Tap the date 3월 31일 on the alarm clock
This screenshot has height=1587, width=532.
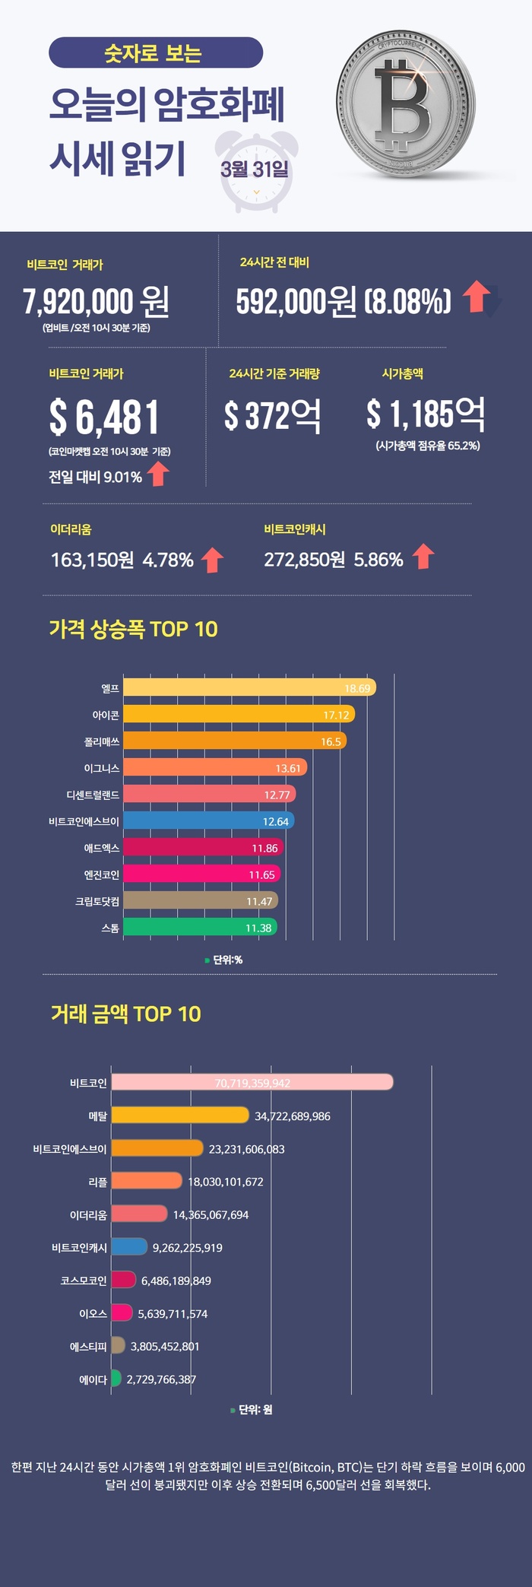click(x=255, y=169)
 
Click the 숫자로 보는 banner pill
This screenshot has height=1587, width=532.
click(x=155, y=53)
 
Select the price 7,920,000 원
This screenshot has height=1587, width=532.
click(x=96, y=302)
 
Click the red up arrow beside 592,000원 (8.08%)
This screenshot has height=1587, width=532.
click(x=477, y=297)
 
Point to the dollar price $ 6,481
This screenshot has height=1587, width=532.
click(x=104, y=417)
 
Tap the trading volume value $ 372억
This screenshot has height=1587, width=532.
click(x=272, y=416)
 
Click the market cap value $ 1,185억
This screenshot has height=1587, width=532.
click(x=425, y=414)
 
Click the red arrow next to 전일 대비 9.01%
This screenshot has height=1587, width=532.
click(x=158, y=475)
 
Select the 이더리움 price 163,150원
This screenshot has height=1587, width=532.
click(x=92, y=560)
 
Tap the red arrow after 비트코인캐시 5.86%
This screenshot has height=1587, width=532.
click(x=423, y=557)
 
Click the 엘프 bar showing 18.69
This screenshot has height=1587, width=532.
click(x=249, y=687)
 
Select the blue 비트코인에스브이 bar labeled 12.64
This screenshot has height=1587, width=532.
click(x=207, y=820)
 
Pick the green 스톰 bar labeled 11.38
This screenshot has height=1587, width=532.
click(x=199, y=927)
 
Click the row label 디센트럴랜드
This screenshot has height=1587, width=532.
click(x=92, y=795)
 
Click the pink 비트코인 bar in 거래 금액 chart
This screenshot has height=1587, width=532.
click(x=252, y=1082)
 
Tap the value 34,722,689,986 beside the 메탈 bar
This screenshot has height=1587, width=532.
click(x=292, y=1116)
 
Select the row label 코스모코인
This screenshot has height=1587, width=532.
click(x=84, y=1281)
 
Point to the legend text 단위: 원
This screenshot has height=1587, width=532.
click(x=255, y=1409)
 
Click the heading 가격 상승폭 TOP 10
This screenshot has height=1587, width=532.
click(x=133, y=629)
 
